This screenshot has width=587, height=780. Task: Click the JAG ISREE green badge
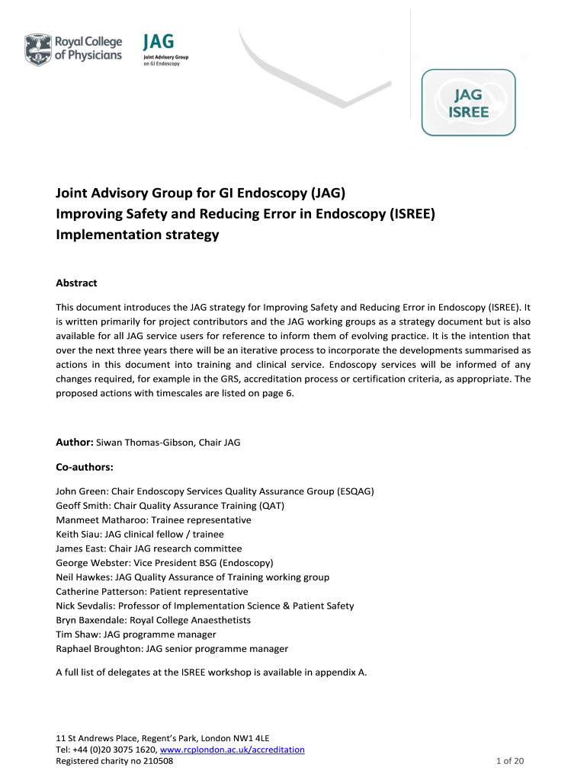point(468,103)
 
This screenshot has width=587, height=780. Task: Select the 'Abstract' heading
point(77,283)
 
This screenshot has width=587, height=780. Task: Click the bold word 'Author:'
point(75,443)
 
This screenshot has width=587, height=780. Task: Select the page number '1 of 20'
point(511,761)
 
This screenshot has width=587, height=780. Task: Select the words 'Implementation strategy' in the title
point(137,235)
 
